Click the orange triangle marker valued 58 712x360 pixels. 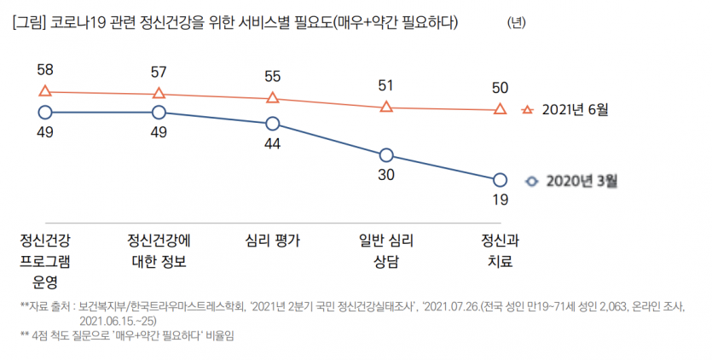45,90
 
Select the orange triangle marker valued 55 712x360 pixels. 273,98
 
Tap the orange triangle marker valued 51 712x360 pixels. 386,107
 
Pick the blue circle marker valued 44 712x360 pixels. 273,124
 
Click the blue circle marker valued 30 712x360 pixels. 386,154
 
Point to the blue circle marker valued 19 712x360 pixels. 501,179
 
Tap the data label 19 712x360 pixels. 501,200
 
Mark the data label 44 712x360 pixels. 273,145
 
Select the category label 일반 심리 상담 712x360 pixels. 386,250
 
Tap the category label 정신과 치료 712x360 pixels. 501,250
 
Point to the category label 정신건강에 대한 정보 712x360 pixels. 159,250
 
